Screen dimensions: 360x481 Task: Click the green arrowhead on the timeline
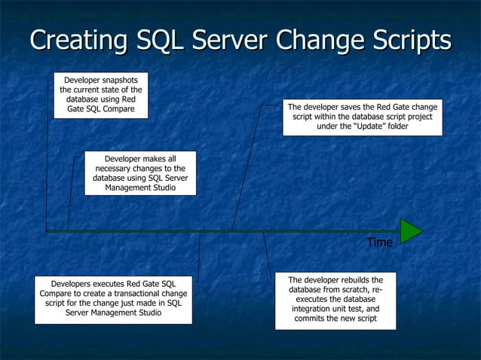click(x=410, y=230)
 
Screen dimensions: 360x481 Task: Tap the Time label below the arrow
click(x=379, y=243)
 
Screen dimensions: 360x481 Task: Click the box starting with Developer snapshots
click(x=100, y=95)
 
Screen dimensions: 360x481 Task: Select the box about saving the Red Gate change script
click(x=362, y=117)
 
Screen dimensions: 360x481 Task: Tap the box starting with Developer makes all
click(x=140, y=172)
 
